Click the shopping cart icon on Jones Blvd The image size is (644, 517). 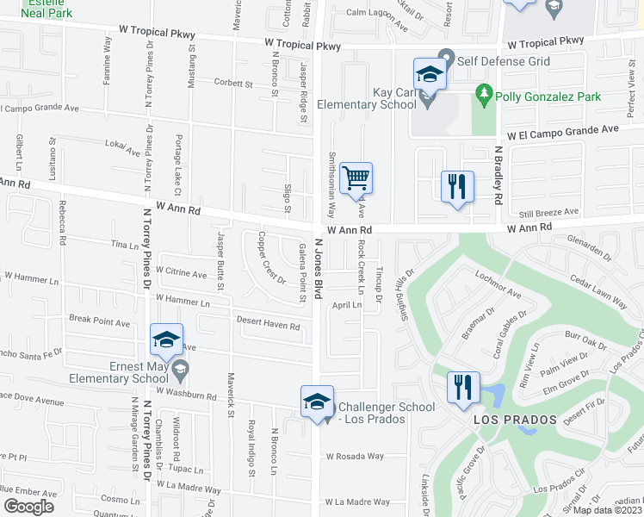tap(356, 178)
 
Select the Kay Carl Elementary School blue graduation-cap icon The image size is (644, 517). tap(429, 74)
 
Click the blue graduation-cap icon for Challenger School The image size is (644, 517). tap(316, 402)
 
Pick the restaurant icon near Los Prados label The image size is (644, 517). tap(464, 387)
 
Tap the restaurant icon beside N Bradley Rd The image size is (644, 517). tap(457, 186)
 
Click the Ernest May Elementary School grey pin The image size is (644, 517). tap(179, 371)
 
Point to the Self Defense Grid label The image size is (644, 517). tap(504, 62)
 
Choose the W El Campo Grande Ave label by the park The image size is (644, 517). tap(562, 129)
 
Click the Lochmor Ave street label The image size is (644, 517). tap(498, 283)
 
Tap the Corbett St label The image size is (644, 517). tap(232, 84)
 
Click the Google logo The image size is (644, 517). tap(29, 507)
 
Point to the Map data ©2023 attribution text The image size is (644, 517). tap(607, 510)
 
